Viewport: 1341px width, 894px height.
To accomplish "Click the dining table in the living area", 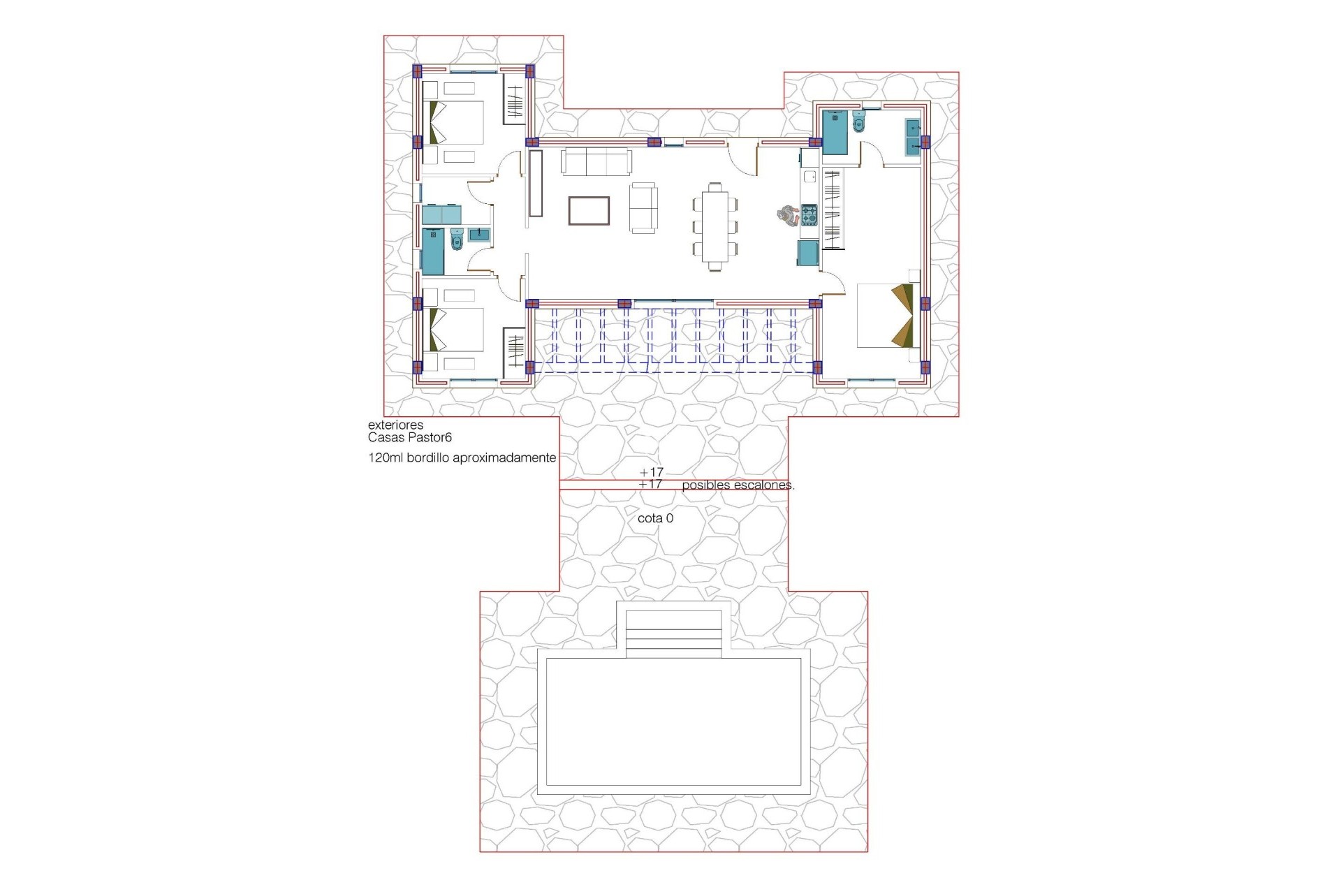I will click(x=715, y=226).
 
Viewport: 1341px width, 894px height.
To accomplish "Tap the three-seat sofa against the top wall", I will click(x=596, y=162).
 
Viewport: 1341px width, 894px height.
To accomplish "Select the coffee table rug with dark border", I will click(x=589, y=211).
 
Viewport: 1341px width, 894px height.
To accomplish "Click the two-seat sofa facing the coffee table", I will click(x=643, y=207).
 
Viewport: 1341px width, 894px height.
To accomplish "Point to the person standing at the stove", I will click(x=789, y=215).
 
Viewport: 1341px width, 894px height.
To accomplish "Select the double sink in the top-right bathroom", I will click(x=912, y=137).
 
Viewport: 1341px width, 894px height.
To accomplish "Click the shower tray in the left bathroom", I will click(x=432, y=251).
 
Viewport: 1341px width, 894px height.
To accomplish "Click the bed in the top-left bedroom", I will click(x=456, y=123).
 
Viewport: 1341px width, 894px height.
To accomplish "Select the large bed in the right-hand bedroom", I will click(x=885, y=315).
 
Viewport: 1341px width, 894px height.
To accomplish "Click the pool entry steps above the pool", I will click(x=673, y=634).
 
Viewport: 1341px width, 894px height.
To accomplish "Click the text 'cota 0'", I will click(x=655, y=519).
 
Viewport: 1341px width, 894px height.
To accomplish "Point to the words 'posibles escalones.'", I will click(x=738, y=485).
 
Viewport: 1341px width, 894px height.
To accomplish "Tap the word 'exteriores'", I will click(x=395, y=425).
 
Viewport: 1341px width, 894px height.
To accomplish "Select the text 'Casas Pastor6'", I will click(x=410, y=438).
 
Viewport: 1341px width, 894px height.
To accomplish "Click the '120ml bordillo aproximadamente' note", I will click(x=462, y=458).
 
